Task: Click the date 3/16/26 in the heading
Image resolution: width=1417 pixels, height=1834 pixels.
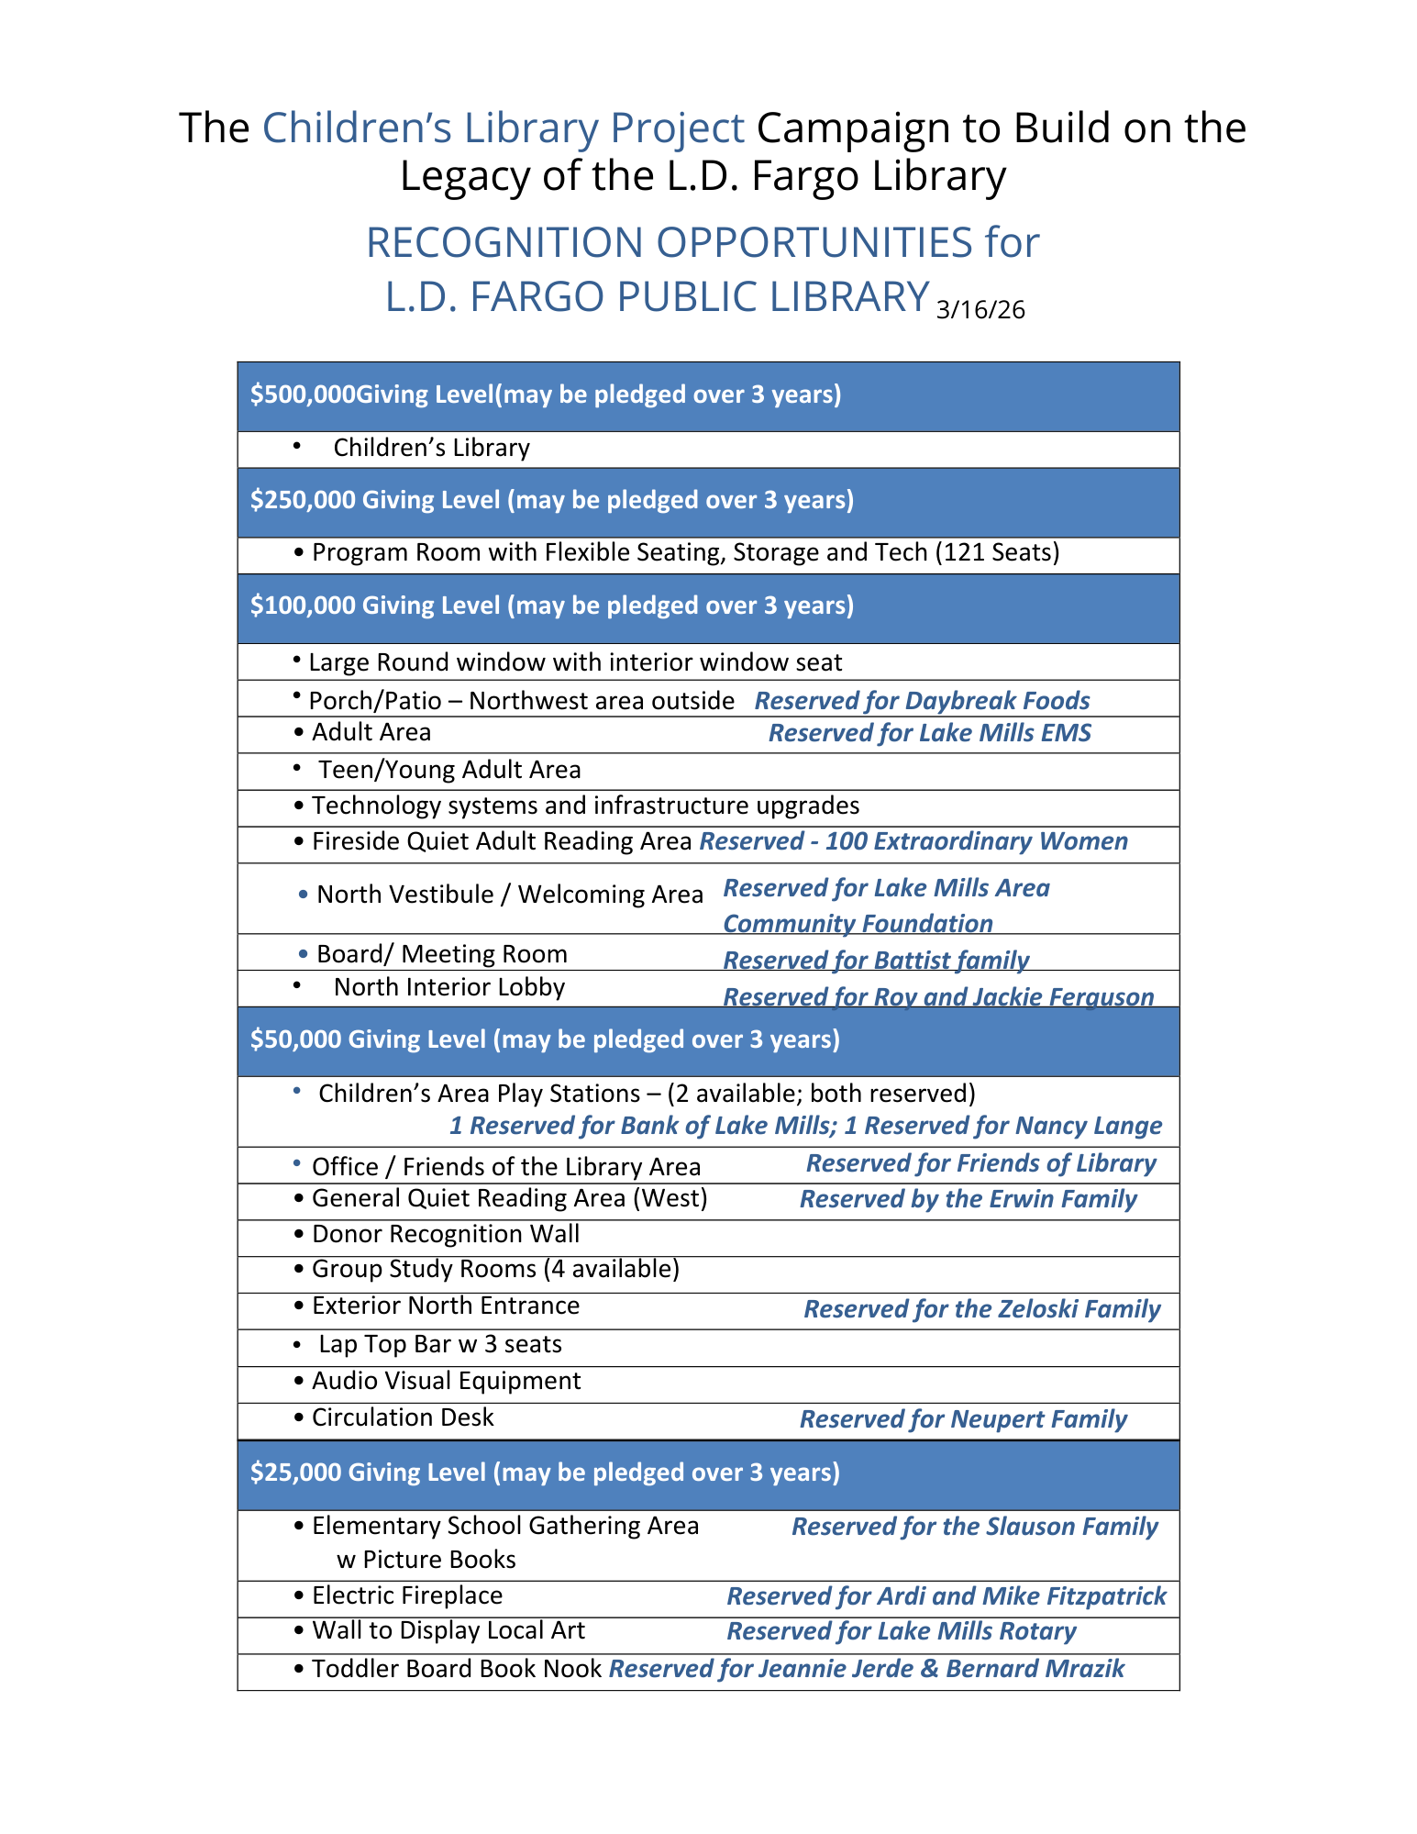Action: tap(980, 310)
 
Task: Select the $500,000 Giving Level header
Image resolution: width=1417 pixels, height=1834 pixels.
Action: tap(546, 395)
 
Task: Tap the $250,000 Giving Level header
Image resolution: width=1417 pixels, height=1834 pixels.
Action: tap(552, 500)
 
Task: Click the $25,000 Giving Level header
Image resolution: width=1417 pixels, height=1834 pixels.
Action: tap(545, 1473)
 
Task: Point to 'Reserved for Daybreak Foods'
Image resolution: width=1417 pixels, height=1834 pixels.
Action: tap(922, 701)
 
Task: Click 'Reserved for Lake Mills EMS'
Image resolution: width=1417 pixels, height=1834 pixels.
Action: tap(929, 733)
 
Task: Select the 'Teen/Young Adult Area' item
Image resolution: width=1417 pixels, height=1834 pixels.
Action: tap(449, 770)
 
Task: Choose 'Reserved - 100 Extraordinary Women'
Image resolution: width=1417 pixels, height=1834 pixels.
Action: tap(913, 841)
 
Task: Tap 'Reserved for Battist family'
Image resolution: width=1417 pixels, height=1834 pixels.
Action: tap(876, 960)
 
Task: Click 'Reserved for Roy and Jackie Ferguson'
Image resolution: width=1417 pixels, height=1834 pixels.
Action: tap(938, 996)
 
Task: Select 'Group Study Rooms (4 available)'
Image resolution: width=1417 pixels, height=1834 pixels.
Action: tap(495, 1269)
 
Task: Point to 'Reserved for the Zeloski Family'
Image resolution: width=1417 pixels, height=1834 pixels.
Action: tap(981, 1309)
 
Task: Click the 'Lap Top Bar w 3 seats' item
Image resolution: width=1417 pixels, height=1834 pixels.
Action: tap(440, 1344)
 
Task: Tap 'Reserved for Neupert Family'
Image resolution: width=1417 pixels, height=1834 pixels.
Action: tap(963, 1419)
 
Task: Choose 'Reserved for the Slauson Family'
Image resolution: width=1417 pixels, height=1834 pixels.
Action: tap(974, 1527)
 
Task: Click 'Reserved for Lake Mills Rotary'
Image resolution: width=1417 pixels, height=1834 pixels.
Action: tap(901, 1631)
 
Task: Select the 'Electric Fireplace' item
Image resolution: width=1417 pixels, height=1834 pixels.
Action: tap(407, 1595)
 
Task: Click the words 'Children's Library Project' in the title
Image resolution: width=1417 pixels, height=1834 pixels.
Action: tap(503, 128)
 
